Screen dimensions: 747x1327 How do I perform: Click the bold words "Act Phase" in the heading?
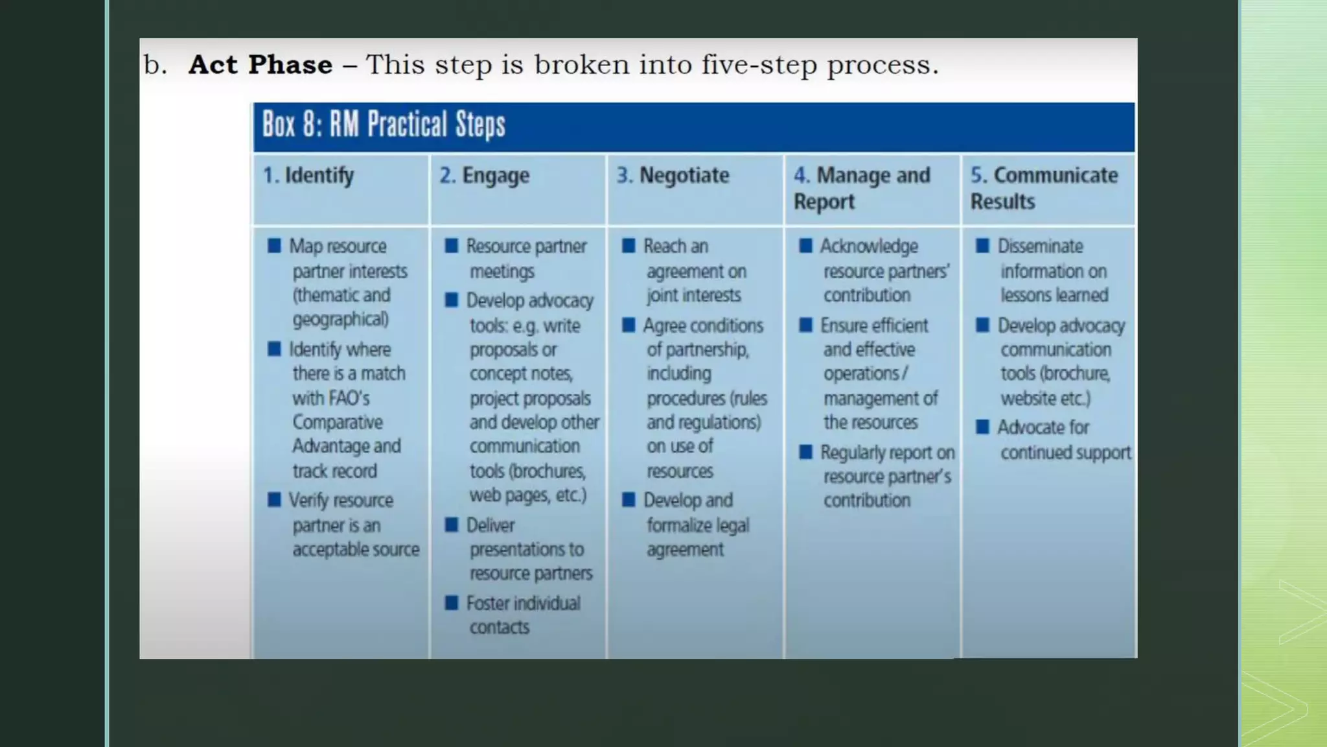pos(260,65)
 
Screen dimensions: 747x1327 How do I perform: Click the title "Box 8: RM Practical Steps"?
pos(384,124)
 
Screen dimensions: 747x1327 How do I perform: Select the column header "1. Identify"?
pos(308,175)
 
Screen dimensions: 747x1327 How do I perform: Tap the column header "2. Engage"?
pos(485,175)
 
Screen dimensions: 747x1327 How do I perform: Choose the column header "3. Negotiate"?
pos(673,175)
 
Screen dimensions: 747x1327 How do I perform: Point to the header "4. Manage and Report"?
pos(862,187)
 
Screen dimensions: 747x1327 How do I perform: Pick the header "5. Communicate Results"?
pos(1044,187)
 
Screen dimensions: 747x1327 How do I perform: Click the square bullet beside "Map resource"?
pos(274,246)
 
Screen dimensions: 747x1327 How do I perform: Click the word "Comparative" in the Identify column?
pos(338,422)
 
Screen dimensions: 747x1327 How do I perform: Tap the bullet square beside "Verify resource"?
pos(274,500)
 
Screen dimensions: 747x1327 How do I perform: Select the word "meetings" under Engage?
pos(502,271)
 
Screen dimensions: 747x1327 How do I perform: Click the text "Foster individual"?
pos(524,603)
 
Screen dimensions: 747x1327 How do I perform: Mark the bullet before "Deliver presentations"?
pos(452,525)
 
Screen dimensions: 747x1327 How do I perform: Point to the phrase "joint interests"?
pos(693,295)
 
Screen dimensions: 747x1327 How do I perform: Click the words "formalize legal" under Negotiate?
pos(698,525)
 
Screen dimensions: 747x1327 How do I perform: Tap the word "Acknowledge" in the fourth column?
pos(869,246)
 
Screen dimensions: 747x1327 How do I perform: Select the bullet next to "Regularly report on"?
pos(805,452)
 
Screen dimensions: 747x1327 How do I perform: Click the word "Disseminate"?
pos(1040,246)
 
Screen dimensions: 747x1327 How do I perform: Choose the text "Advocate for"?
pos(1043,427)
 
